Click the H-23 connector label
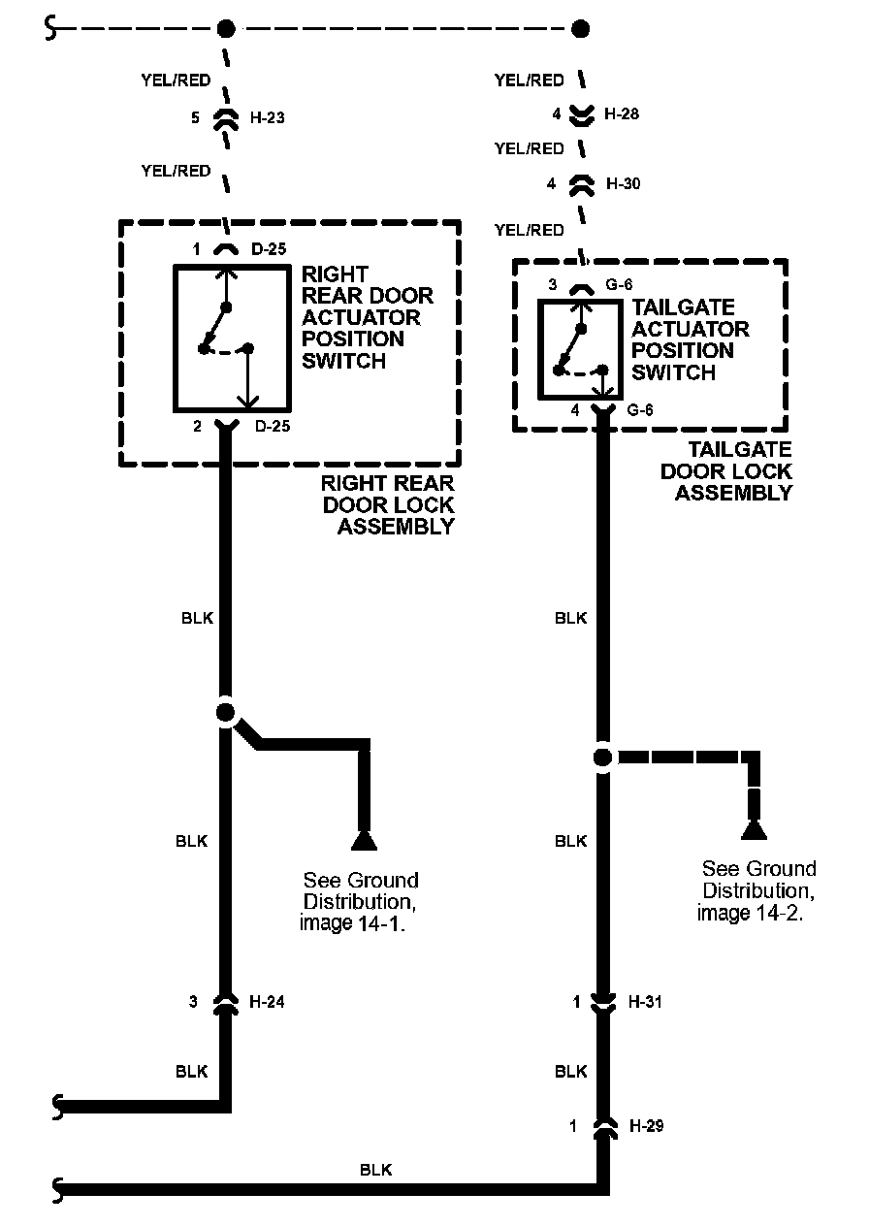(267, 118)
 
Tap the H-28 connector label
(621, 113)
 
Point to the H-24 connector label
(267, 1002)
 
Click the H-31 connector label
(645, 1002)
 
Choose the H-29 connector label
(646, 1126)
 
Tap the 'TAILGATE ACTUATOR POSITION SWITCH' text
(691, 339)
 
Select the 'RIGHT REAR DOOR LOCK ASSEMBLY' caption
(388, 505)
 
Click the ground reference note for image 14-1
(361, 902)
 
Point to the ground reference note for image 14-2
(757, 890)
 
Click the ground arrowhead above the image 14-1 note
(364, 839)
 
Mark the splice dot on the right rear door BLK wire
(225, 713)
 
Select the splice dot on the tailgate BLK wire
(602, 757)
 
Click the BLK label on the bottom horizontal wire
(375, 1170)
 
